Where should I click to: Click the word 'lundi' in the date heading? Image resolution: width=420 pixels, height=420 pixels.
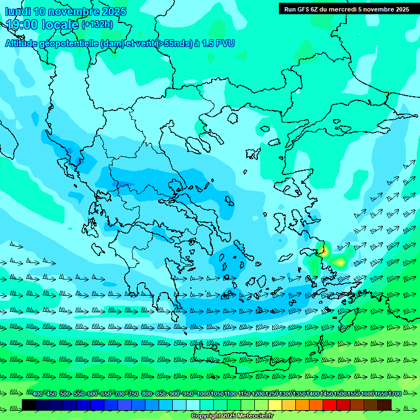(17, 11)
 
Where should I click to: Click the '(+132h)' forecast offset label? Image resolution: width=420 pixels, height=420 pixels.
(97, 24)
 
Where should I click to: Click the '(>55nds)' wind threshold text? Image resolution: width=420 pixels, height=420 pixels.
(174, 44)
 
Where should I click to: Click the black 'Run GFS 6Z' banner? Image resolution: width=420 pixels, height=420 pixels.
(346, 9)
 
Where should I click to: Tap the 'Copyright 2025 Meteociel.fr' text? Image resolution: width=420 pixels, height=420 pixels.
(232, 416)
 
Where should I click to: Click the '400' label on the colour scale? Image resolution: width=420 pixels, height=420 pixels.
(38, 394)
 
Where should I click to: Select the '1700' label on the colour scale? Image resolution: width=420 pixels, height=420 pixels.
(395, 394)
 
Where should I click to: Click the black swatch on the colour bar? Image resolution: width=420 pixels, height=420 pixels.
(29, 405)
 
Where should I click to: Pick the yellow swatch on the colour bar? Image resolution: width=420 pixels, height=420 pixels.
(275, 405)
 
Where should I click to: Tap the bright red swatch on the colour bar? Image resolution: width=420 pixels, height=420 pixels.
(330, 405)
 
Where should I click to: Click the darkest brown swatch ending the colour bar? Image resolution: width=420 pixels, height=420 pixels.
(384, 405)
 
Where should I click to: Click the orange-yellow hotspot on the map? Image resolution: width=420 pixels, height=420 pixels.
(340, 262)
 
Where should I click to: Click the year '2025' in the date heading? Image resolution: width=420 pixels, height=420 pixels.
(113, 11)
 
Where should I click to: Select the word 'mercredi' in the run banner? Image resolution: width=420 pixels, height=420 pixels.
(340, 9)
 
